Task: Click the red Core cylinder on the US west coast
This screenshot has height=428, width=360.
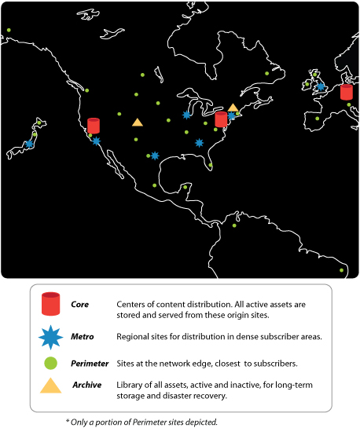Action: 94,125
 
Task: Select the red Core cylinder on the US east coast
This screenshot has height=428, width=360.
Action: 221,119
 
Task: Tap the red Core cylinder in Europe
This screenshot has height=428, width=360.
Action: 347,91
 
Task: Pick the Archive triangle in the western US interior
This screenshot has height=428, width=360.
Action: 138,122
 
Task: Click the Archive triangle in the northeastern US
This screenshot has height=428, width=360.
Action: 233,108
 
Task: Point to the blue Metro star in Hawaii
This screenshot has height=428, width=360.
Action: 29,144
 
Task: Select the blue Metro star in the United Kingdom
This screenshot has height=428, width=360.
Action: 321,86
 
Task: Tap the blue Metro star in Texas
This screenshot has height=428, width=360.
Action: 154,155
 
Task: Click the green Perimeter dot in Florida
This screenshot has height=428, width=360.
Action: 211,165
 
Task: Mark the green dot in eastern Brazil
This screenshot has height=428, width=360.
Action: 342,271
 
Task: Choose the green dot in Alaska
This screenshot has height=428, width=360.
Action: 9,31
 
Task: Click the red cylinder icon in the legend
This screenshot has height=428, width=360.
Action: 50,302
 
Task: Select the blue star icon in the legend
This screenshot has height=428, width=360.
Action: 50,336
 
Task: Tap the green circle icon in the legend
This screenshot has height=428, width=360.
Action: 50,364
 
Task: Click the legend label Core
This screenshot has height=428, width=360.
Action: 80,304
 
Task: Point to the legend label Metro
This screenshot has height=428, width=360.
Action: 82,336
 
